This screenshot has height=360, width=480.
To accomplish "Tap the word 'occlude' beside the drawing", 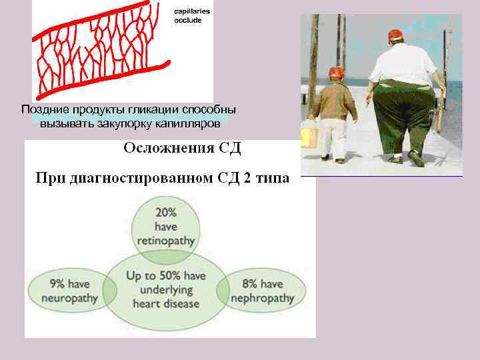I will (187, 20).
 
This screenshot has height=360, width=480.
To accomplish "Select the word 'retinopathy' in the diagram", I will (166, 240).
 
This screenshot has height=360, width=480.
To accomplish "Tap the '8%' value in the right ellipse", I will (249, 284).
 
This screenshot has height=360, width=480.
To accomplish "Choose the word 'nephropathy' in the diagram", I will (262, 297).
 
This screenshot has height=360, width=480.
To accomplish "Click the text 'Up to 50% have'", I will (166, 276).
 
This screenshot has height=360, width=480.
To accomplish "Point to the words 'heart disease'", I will (166, 303).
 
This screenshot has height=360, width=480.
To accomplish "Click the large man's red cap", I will (395, 35).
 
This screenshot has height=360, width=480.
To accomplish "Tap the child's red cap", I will (337, 73).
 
